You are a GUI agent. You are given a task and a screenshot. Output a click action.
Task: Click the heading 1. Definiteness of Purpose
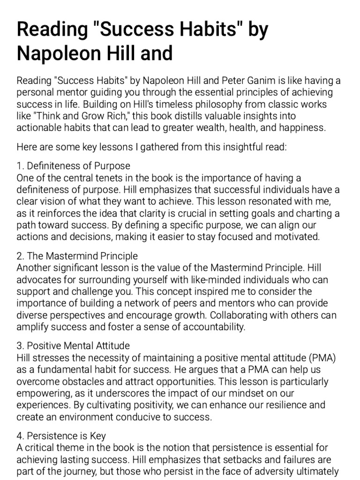click(73, 166)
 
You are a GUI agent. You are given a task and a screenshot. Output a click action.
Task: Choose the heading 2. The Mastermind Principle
click(77, 256)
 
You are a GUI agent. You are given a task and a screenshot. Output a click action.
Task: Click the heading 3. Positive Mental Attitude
click(73, 346)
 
